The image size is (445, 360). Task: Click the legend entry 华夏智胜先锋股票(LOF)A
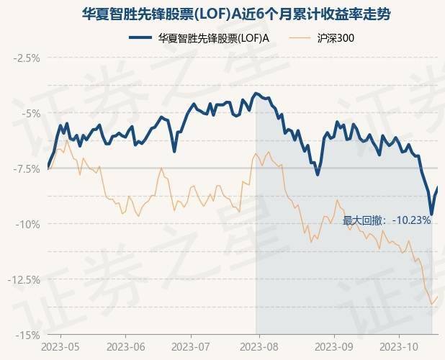tap(214, 37)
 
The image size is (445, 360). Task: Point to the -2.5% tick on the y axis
tap(28, 57)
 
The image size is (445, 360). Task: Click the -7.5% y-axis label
tap(28, 168)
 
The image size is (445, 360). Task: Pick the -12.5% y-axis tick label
tap(26, 279)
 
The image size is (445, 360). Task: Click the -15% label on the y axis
tap(30, 335)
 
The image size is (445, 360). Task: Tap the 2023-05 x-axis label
tap(60, 346)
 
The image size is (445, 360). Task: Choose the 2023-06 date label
tap(125, 346)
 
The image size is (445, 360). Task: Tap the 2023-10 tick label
tap(398, 346)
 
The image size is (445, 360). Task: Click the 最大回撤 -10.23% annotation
tap(387, 220)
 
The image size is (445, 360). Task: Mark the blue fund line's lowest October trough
tap(431, 214)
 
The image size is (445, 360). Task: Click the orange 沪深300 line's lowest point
tap(431, 304)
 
